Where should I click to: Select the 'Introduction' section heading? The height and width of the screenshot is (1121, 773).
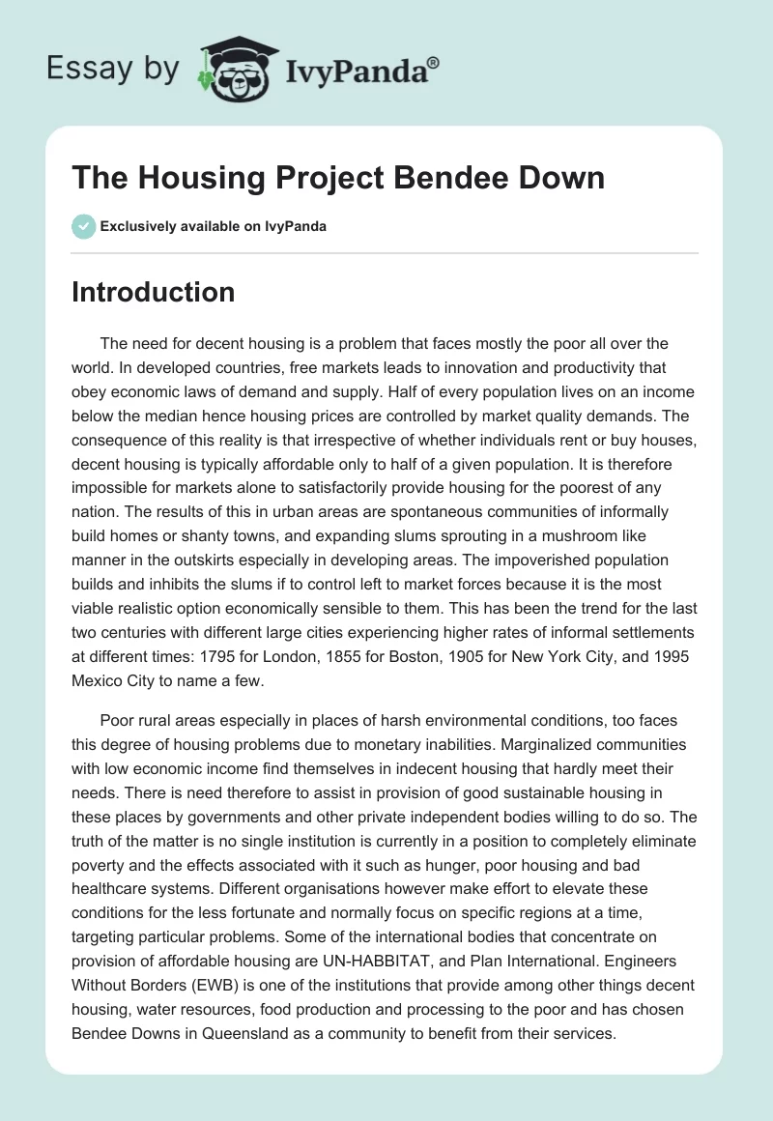[x=153, y=292]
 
